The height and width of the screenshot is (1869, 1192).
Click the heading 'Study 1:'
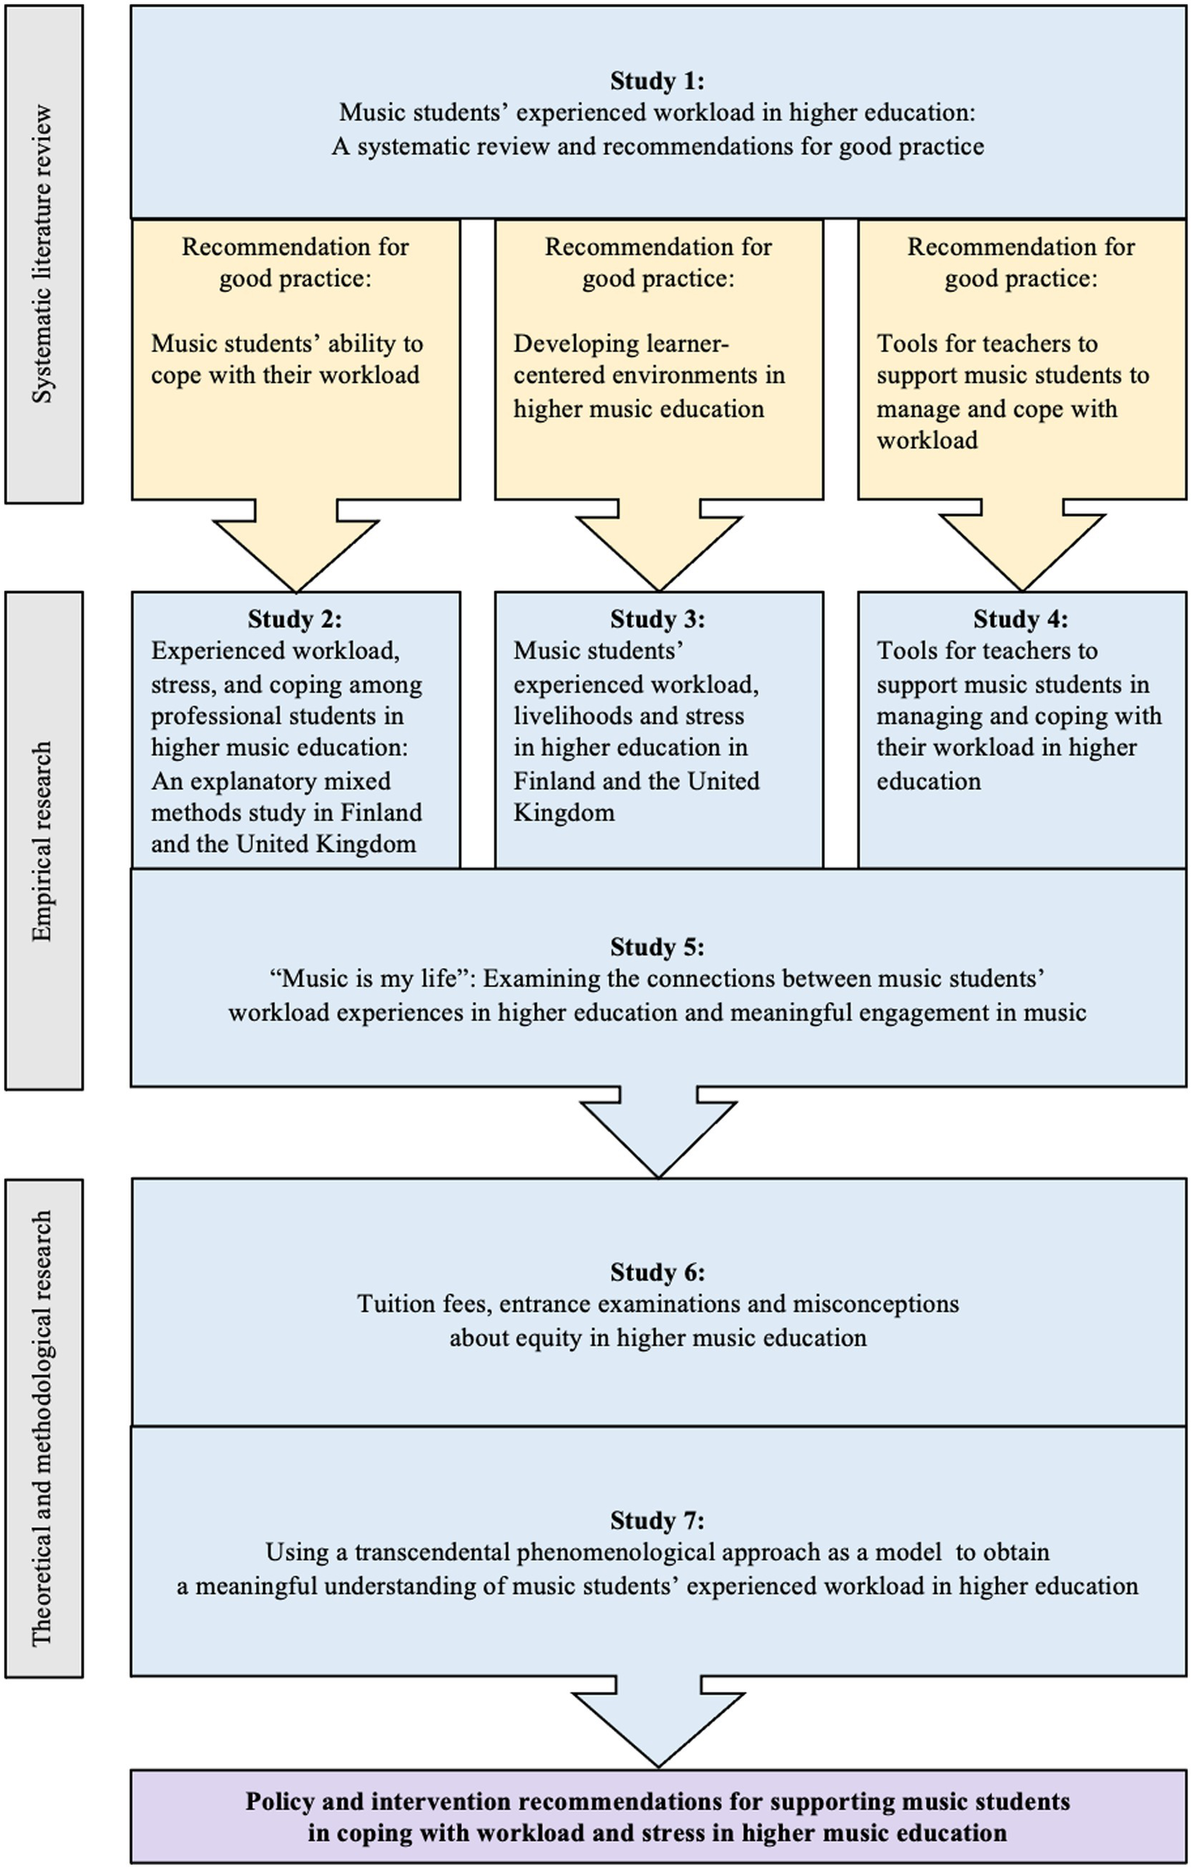[657, 81]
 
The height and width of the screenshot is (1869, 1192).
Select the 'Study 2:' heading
[294, 619]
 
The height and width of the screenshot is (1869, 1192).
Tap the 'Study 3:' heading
[657, 619]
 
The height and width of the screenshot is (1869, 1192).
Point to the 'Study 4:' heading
[1020, 619]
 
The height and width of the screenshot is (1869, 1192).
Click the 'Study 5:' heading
[657, 947]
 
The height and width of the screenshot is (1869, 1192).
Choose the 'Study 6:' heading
[657, 1272]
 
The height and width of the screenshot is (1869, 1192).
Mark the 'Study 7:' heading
[657, 1520]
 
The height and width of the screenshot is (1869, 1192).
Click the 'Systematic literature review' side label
[43, 254]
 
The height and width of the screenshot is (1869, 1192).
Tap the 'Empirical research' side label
[43, 841]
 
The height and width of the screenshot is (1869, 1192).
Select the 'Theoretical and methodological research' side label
[43, 1428]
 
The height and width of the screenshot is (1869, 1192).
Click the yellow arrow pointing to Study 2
[295, 547]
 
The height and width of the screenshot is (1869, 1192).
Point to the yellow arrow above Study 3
[659, 547]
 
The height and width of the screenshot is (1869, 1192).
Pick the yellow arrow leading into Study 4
[1022, 547]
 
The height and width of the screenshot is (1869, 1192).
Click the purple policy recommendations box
[659, 1817]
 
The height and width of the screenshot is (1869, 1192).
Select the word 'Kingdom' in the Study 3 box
[564, 813]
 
